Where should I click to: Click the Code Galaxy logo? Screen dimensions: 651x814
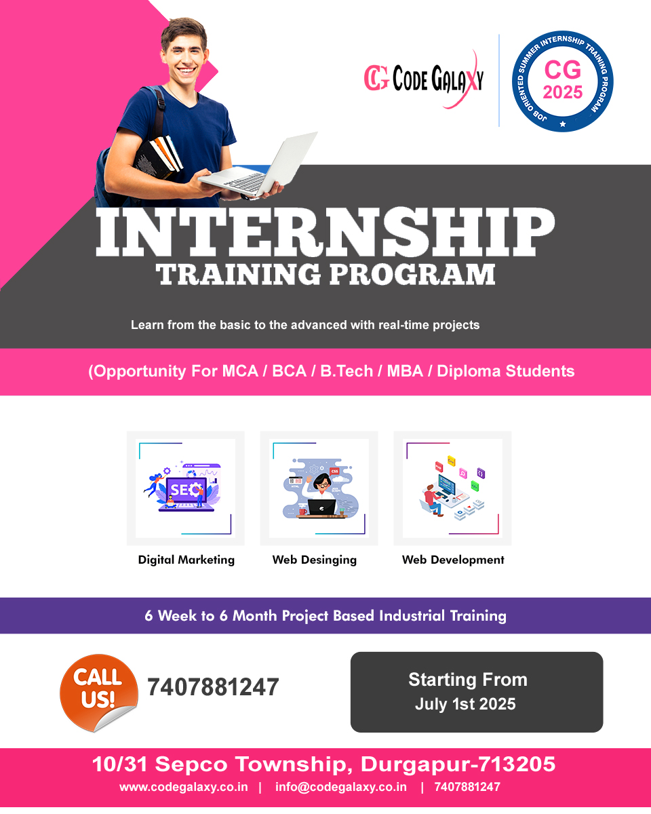[x=424, y=79]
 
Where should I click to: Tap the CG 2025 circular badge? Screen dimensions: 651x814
[x=562, y=81]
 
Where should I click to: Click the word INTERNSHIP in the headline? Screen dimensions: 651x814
[x=325, y=232]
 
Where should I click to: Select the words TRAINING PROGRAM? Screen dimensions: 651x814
[x=325, y=274]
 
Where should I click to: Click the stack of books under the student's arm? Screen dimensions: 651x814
[x=159, y=156]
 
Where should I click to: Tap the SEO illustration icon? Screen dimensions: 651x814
[x=182, y=486]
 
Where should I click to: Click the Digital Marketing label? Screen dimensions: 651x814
[x=186, y=560]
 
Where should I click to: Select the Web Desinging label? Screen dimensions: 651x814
[x=315, y=560]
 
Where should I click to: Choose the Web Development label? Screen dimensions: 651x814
[x=453, y=560]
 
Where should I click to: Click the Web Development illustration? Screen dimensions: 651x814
[x=453, y=488]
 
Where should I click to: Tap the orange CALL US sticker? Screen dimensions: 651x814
[x=99, y=693]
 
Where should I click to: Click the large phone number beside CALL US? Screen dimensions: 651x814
[x=213, y=687]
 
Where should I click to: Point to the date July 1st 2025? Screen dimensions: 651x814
[x=465, y=704]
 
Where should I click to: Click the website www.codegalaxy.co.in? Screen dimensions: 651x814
[x=184, y=787]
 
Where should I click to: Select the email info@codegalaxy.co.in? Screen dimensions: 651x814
[x=341, y=787]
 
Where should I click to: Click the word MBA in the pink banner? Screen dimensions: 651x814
[x=405, y=371]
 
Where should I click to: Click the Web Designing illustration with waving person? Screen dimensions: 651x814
[x=320, y=488]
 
